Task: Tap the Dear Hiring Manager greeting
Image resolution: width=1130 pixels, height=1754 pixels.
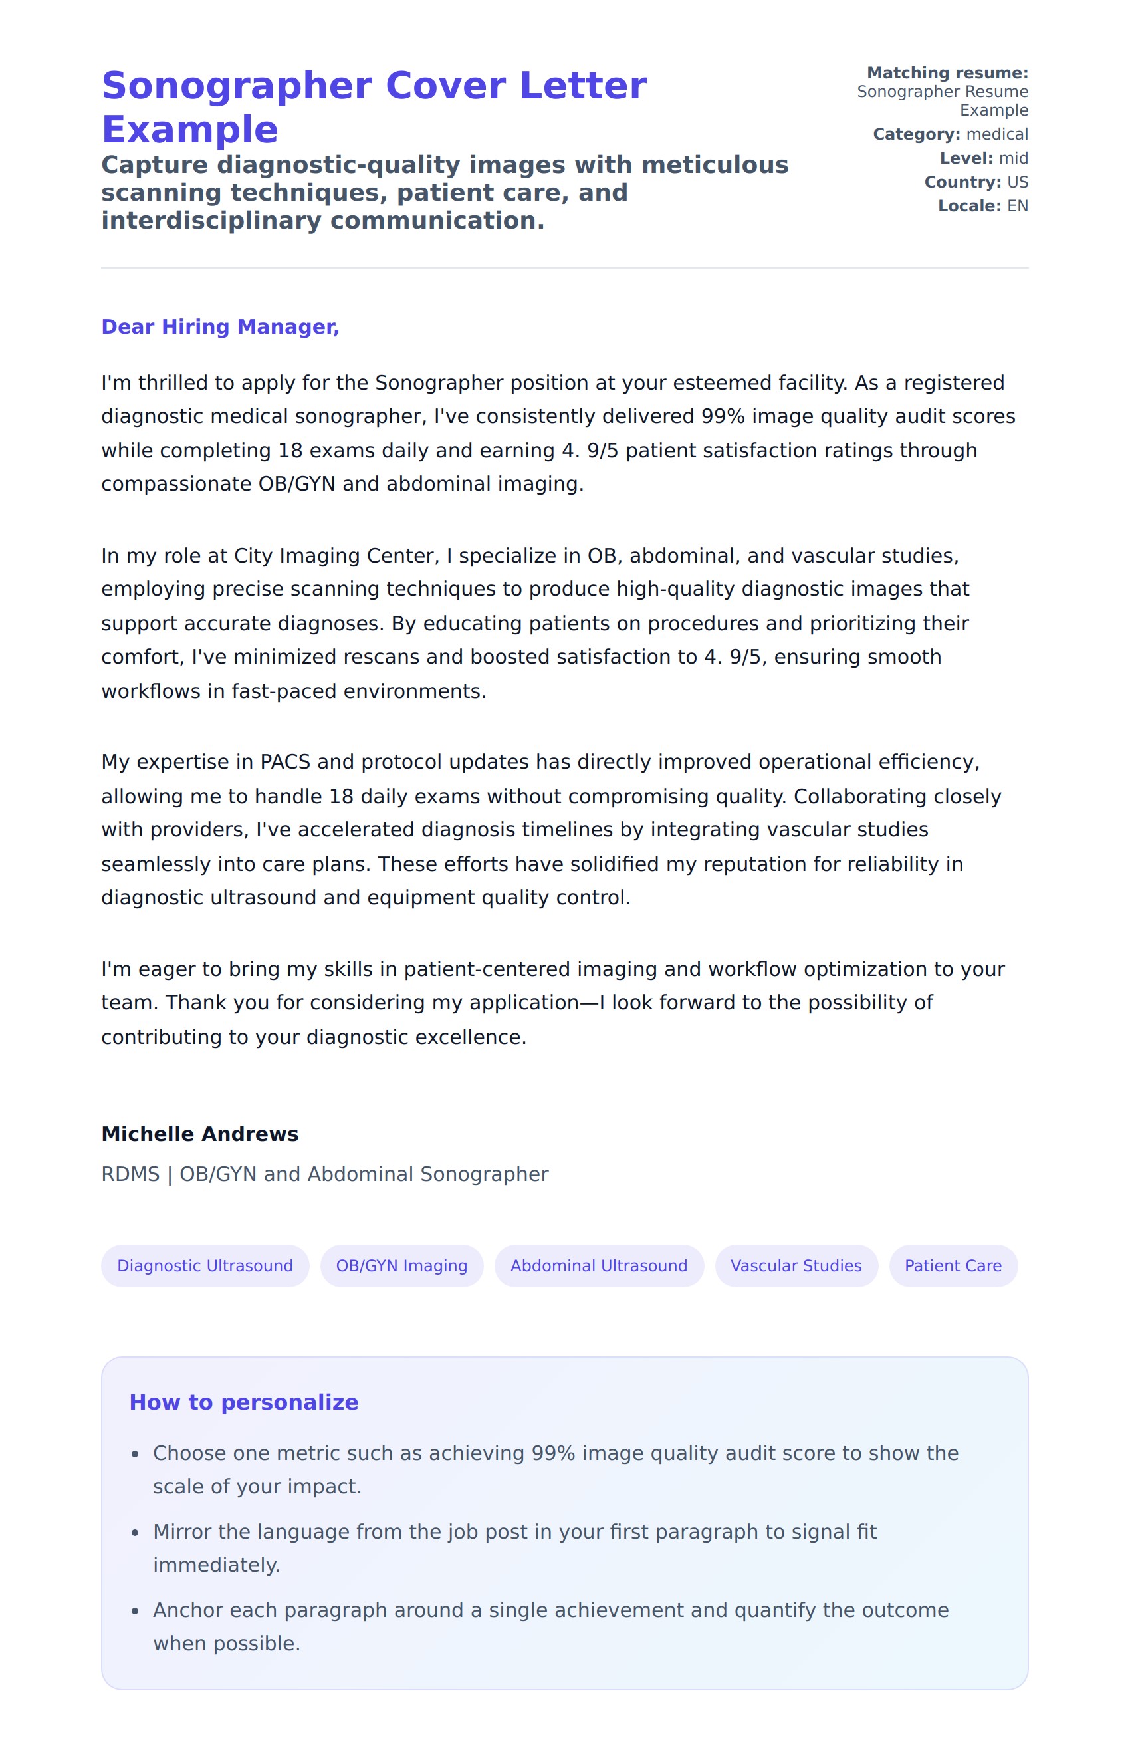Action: [220, 326]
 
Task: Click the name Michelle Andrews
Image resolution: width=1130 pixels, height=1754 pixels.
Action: [199, 1134]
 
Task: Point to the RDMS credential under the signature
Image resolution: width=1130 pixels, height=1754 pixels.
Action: [130, 1174]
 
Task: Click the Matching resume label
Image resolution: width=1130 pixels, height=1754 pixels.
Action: [947, 73]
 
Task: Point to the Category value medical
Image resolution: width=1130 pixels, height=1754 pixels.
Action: [997, 134]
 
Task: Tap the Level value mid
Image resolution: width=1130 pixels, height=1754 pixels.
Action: [1013, 158]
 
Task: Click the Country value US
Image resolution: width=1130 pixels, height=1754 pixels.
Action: [1018, 182]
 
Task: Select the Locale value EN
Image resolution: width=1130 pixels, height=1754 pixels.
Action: [1018, 206]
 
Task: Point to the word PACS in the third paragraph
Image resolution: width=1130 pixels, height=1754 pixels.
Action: [285, 762]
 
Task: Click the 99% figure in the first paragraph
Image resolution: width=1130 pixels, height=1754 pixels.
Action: [723, 416]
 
